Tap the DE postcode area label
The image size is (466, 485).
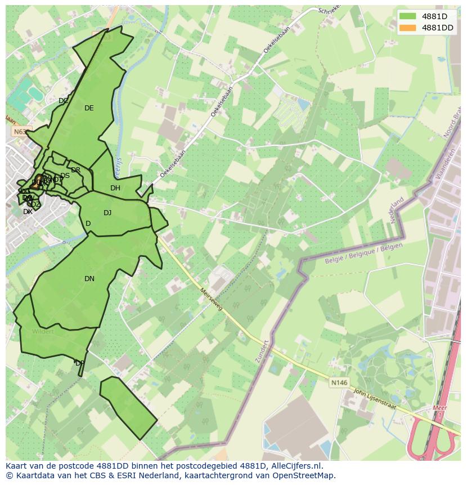(89, 108)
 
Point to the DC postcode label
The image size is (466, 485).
(64, 101)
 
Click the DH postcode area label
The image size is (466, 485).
(115, 188)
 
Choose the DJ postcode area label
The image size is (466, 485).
(107, 212)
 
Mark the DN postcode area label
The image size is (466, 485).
(89, 279)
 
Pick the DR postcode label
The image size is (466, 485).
(75, 170)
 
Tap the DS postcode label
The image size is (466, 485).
(65, 176)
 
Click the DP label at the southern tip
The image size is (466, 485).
(80, 363)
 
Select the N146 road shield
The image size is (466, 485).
(339, 382)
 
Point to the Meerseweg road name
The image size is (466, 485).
(212, 299)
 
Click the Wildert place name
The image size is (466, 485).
(43, 331)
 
